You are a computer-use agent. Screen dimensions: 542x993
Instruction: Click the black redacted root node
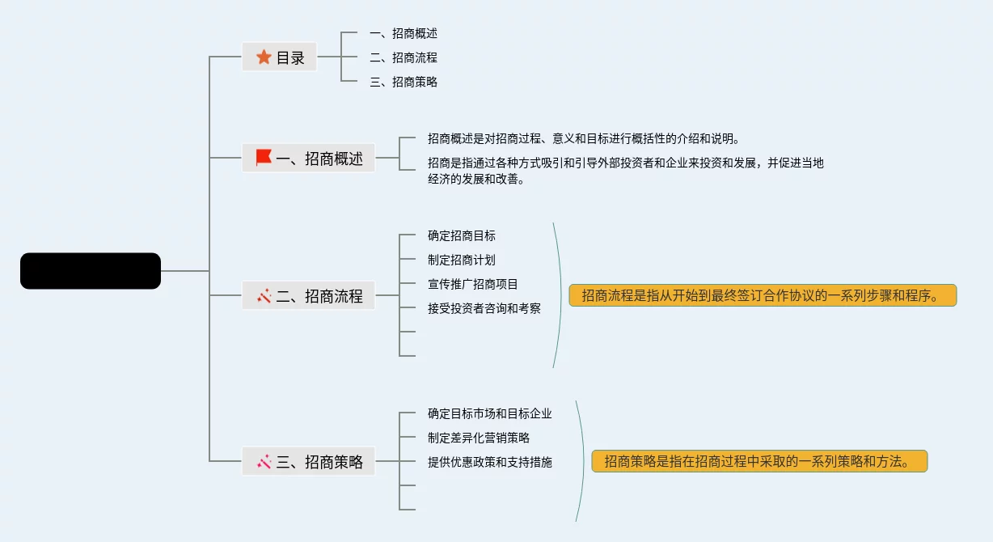click(91, 271)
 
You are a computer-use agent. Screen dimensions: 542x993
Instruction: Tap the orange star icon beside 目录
click(264, 57)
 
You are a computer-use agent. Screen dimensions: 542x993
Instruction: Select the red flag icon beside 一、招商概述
click(264, 158)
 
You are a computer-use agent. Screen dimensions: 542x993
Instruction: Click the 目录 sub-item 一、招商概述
click(403, 33)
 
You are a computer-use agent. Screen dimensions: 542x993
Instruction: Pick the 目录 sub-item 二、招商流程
click(403, 57)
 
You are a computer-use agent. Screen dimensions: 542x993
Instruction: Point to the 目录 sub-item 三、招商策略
click(403, 82)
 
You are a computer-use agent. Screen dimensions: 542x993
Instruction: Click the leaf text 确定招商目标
click(462, 235)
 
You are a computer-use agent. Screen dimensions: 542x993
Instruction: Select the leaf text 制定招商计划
click(462, 260)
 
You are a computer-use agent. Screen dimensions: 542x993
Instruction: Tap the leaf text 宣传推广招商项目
click(473, 284)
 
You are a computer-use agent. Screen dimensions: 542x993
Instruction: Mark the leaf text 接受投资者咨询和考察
click(484, 308)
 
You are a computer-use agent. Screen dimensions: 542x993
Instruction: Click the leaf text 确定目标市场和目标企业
click(490, 413)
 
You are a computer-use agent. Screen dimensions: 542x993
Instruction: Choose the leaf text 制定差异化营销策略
click(479, 438)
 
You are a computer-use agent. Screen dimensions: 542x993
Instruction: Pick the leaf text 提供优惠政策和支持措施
click(490, 462)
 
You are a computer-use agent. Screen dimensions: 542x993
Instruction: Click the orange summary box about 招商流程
click(763, 295)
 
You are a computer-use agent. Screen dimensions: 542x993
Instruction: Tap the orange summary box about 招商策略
click(758, 461)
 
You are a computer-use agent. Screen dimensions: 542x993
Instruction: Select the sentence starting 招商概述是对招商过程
click(583, 138)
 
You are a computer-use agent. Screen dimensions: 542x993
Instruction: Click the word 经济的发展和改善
click(476, 180)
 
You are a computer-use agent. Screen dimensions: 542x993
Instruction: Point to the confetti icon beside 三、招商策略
click(264, 462)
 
